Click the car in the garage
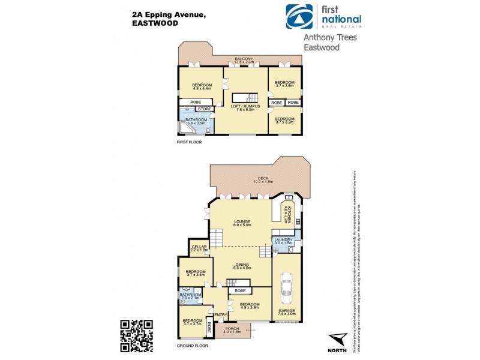point(286,289)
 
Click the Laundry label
point(282,241)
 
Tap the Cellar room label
point(199,248)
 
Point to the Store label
point(204,109)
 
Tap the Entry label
point(220,315)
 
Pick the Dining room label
point(242,265)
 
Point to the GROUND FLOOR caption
point(193,346)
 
